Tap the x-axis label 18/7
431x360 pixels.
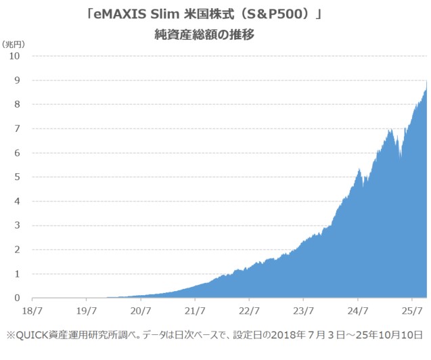pos(32,312)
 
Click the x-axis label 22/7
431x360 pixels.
pos(249,312)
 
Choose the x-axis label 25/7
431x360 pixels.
pos(412,312)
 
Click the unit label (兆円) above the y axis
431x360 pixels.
pos(14,43)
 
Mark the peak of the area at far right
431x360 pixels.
pos(426,81)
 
